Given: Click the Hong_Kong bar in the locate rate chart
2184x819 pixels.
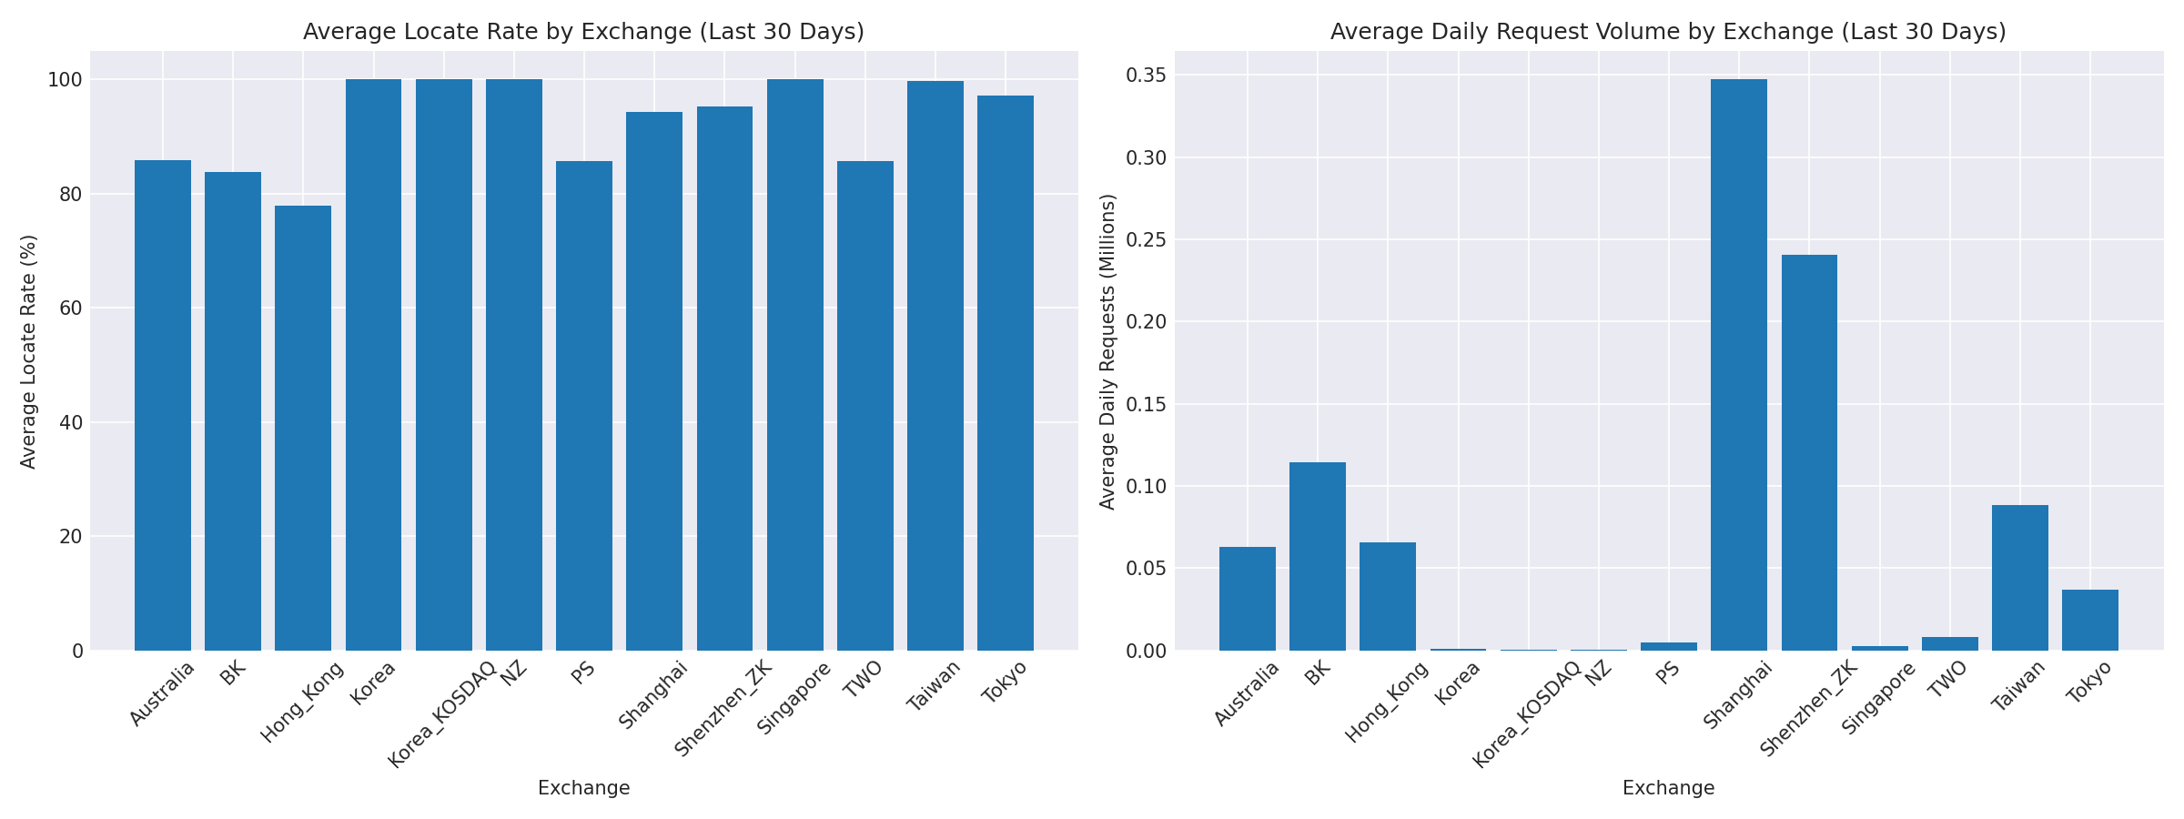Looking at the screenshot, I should click(303, 428).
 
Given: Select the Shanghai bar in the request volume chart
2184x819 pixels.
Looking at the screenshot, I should click(1738, 364).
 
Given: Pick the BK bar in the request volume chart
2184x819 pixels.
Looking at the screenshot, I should click(1317, 556).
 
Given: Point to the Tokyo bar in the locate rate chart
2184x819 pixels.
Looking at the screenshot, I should click(1005, 373).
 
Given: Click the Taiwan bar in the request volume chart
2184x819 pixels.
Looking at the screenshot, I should click(2019, 577).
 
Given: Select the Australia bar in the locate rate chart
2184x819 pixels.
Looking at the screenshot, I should click(163, 405).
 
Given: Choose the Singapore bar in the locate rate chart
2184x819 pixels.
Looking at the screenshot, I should click(794, 364).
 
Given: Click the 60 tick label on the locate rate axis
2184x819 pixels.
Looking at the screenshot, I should click(72, 308).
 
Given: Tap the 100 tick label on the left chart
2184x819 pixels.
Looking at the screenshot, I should click(66, 80).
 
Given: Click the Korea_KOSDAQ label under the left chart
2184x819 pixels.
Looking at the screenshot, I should click(442, 715).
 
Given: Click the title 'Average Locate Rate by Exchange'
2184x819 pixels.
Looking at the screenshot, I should click(583, 32).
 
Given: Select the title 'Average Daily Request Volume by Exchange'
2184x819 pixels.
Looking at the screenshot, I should click(1668, 32).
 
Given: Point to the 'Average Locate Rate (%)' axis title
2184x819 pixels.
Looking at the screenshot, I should click(28, 351).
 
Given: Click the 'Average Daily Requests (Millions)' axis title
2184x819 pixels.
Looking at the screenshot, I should click(1107, 351).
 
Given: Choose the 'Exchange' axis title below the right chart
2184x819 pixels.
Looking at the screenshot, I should click(1668, 788).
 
